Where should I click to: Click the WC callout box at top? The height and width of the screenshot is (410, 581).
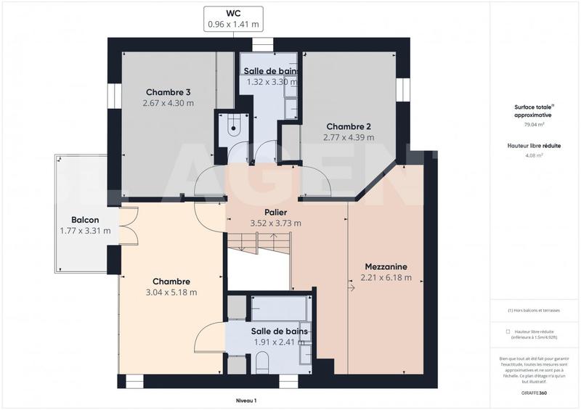[x=232, y=18]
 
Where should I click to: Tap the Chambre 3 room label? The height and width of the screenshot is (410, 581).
[x=168, y=92]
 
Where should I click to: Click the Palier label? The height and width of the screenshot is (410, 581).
[x=275, y=213]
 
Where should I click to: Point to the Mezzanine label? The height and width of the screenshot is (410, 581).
[x=386, y=266]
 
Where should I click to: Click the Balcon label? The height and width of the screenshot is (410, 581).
[x=85, y=220]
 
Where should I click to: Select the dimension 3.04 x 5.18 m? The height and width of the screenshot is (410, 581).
[x=171, y=292]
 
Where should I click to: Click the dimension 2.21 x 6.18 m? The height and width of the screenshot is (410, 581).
[x=386, y=277]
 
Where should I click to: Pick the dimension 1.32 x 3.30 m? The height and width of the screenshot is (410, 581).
[x=270, y=82]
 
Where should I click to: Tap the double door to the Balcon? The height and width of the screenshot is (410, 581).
[x=128, y=226]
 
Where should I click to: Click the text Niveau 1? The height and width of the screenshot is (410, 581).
[x=246, y=400]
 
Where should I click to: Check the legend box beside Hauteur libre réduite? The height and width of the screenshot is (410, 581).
[x=508, y=331]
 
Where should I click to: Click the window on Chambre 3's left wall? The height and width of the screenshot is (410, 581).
[x=113, y=94]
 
